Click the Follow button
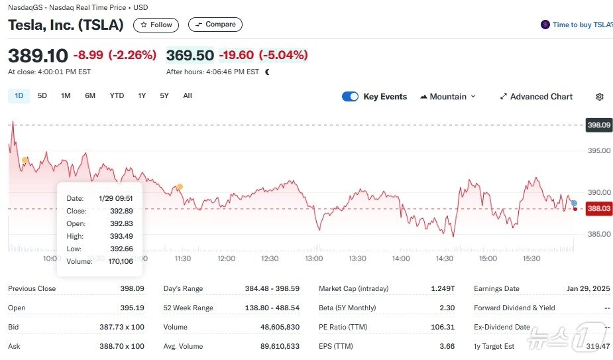pos(156,25)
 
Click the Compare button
pos(215,25)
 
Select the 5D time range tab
pos(42,95)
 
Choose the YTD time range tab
pos(117,95)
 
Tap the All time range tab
pos(188,95)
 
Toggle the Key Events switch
pos(350,97)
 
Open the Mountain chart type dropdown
pos(448,97)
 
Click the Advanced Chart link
pos(536,97)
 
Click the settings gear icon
pos(600,97)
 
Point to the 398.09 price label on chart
pos(598,125)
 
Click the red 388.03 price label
pos(598,208)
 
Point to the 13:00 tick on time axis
pos(313,259)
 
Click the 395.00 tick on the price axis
pos(598,150)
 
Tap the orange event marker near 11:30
pos(180,186)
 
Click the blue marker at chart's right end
pos(574,203)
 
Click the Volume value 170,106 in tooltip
pos(121,261)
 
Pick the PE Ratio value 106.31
pos(443,327)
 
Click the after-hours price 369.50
pos(190,55)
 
